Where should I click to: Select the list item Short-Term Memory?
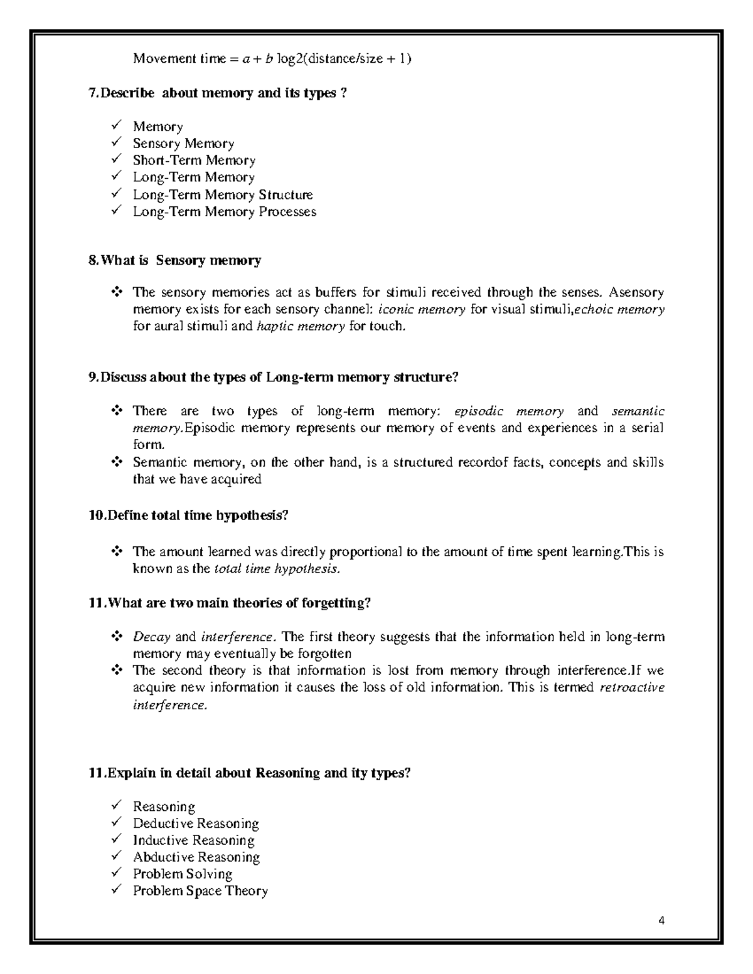point(194,161)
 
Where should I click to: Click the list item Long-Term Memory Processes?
point(224,212)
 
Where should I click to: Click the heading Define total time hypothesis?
point(188,516)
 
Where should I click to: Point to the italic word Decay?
point(151,637)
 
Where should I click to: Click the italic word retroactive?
point(631,687)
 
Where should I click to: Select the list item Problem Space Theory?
point(200,891)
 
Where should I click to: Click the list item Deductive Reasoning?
point(196,823)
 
